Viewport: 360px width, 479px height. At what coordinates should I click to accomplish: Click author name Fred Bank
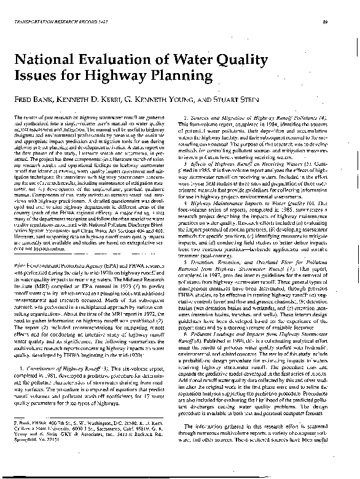click(x=31, y=98)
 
